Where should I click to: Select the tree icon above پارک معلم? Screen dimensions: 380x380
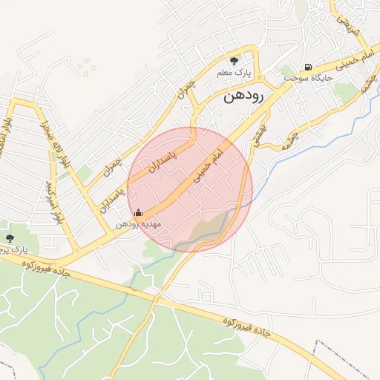click(x=235, y=61)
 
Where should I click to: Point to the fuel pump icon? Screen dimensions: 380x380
click(x=308, y=66)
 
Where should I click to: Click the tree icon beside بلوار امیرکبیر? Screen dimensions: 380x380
click(x=10, y=238)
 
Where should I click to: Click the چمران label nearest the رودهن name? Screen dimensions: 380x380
click(x=185, y=93)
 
